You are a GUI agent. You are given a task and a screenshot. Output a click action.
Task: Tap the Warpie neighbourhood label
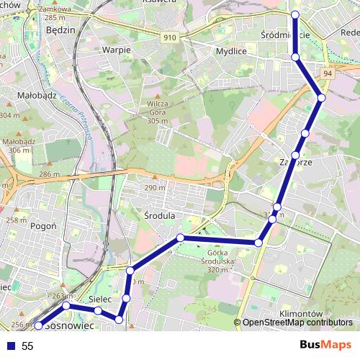point(116,50)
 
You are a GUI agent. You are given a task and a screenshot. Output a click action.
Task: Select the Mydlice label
point(231,51)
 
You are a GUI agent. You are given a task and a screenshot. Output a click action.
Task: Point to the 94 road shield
point(328,73)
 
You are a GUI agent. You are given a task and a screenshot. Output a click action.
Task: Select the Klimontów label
point(299,314)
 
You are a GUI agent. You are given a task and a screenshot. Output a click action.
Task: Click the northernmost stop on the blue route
point(294,14)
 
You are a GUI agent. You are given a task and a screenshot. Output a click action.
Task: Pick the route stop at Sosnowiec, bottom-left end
point(39,325)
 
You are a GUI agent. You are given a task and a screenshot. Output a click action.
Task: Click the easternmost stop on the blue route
point(321,97)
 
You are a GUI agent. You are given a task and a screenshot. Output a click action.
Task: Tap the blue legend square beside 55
point(9,346)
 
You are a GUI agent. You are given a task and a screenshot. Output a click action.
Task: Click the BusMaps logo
point(323,346)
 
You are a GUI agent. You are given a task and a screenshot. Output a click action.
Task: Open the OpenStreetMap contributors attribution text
point(297,323)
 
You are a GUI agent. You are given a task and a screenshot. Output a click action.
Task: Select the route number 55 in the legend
point(27,346)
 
